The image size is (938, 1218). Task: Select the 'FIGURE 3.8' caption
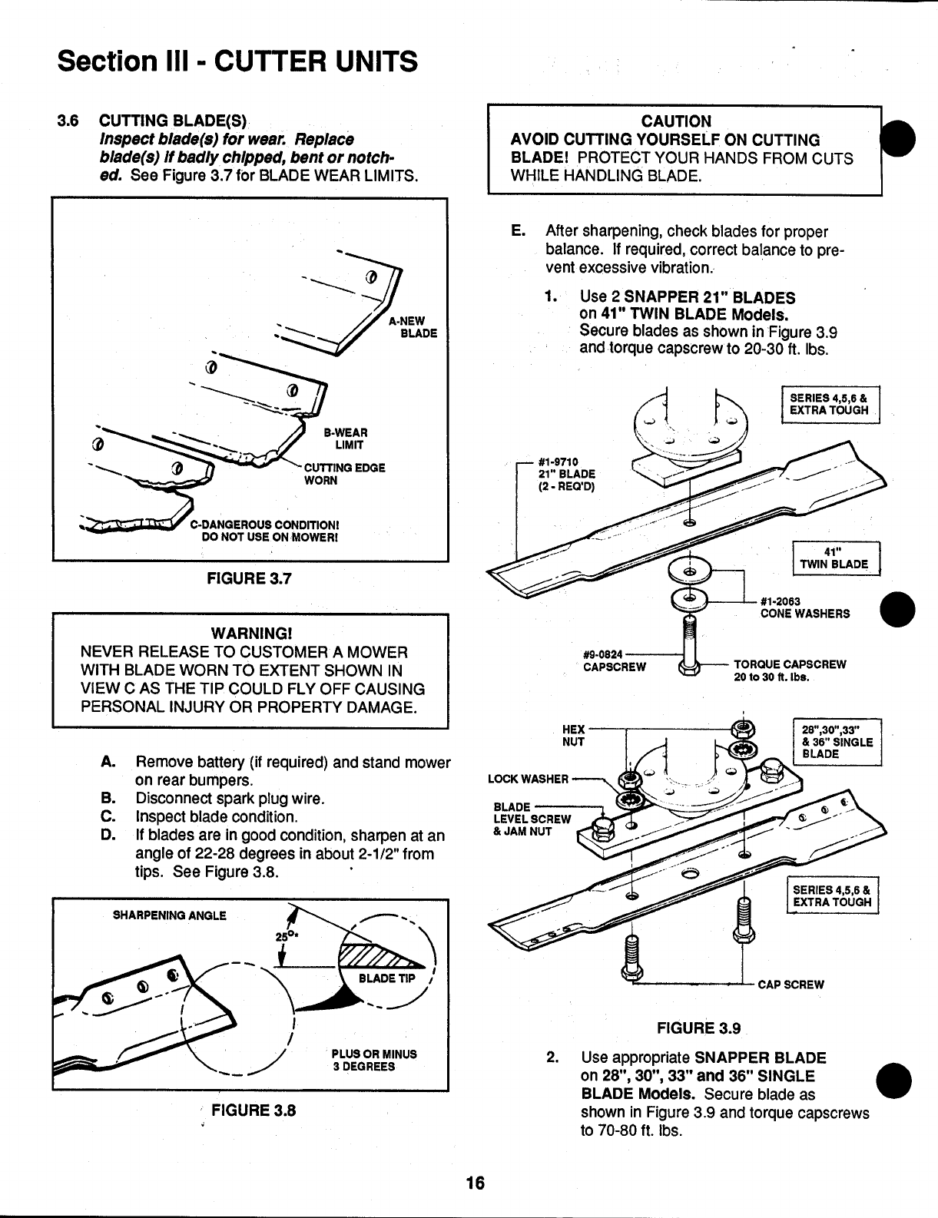pos(254,1110)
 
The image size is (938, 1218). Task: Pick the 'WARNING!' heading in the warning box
pos(251,634)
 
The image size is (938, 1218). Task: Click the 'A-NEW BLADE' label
pos(412,327)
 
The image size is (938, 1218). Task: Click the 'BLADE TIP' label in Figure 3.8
pos(387,978)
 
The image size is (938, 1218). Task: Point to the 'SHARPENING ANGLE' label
pos(170,915)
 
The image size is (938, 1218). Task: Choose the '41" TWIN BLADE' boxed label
pos(834,558)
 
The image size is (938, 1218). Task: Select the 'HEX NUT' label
pos(574,735)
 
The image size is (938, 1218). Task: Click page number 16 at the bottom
pos(476,1183)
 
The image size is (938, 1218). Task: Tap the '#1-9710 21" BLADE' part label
pos(567,474)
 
